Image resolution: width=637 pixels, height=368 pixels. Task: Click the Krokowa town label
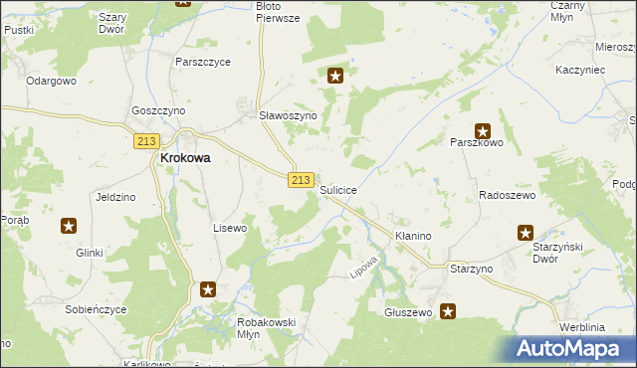[186, 158]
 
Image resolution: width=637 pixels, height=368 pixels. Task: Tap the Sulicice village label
[339, 189]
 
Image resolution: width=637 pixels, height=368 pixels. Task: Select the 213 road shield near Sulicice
[304, 179]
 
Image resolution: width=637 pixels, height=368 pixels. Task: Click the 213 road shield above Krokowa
[146, 142]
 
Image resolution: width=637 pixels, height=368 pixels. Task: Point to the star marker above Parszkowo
[483, 129]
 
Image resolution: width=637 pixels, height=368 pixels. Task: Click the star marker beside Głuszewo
[448, 311]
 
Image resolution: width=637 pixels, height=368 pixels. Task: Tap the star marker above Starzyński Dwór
[526, 233]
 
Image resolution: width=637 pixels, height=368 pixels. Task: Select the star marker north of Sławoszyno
[336, 75]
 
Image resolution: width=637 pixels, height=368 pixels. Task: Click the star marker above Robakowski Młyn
[208, 289]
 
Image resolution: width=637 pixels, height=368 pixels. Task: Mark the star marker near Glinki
[68, 226]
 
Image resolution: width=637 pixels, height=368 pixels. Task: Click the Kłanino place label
[411, 236]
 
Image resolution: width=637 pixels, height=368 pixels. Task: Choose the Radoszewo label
[508, 196]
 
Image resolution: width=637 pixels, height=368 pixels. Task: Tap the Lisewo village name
[230, 228]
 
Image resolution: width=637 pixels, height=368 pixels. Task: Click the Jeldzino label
[114, 197]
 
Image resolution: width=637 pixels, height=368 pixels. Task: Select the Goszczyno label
[158, 111]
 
